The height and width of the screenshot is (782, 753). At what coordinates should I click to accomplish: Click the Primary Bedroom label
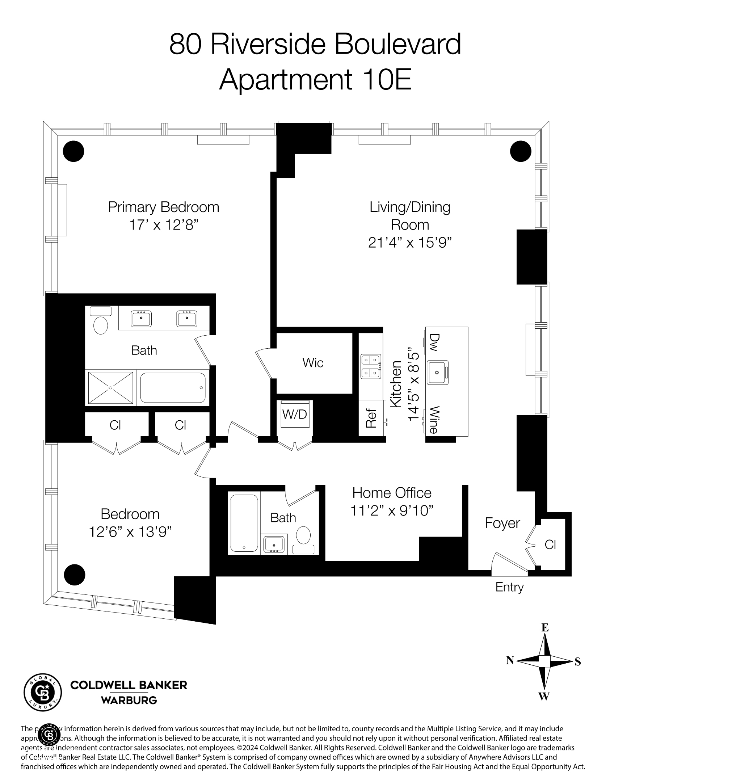click(163, 207)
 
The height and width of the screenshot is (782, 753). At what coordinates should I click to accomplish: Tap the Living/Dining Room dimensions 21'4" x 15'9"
click(409, 242)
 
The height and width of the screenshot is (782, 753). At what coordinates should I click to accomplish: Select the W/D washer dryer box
click(294, 414)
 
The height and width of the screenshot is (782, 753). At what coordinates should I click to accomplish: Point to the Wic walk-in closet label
click(312, 363)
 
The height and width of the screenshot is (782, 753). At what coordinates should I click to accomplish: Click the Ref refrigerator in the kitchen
click(371, 418)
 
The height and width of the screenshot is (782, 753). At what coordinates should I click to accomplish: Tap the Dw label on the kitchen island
click(434, 342)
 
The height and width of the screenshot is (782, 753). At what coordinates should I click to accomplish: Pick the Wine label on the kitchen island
click(434, 420)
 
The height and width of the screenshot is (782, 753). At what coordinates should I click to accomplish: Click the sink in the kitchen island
click(437, 372)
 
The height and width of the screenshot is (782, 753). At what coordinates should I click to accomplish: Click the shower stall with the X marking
click(110, 388)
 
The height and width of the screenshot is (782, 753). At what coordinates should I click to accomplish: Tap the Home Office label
click(391, 493)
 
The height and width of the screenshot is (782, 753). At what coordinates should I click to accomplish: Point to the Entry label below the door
click(509, 587)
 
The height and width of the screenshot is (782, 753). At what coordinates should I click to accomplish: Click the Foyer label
click(502, 523)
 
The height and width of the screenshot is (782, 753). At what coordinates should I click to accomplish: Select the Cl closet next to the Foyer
click(550, 545)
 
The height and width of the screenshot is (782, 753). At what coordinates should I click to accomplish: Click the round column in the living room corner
click(520, 151)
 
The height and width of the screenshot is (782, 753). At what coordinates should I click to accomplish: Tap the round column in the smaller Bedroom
click(75, 575)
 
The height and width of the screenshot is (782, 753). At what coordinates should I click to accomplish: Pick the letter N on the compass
click(510, 660)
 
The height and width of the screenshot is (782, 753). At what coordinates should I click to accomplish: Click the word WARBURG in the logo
click(129, 700)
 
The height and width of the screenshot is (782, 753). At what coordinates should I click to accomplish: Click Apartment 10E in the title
click(315, 79)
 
